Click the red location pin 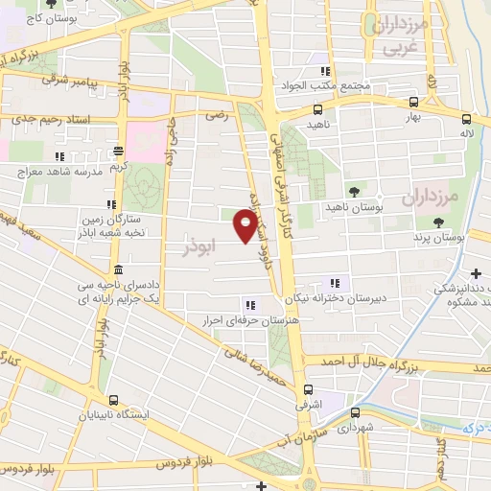[246, 226]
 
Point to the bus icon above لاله [466, 120]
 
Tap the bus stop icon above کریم [118, 151]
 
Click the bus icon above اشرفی [308, 389]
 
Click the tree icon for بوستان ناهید [355, 192]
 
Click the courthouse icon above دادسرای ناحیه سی [116, 268]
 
